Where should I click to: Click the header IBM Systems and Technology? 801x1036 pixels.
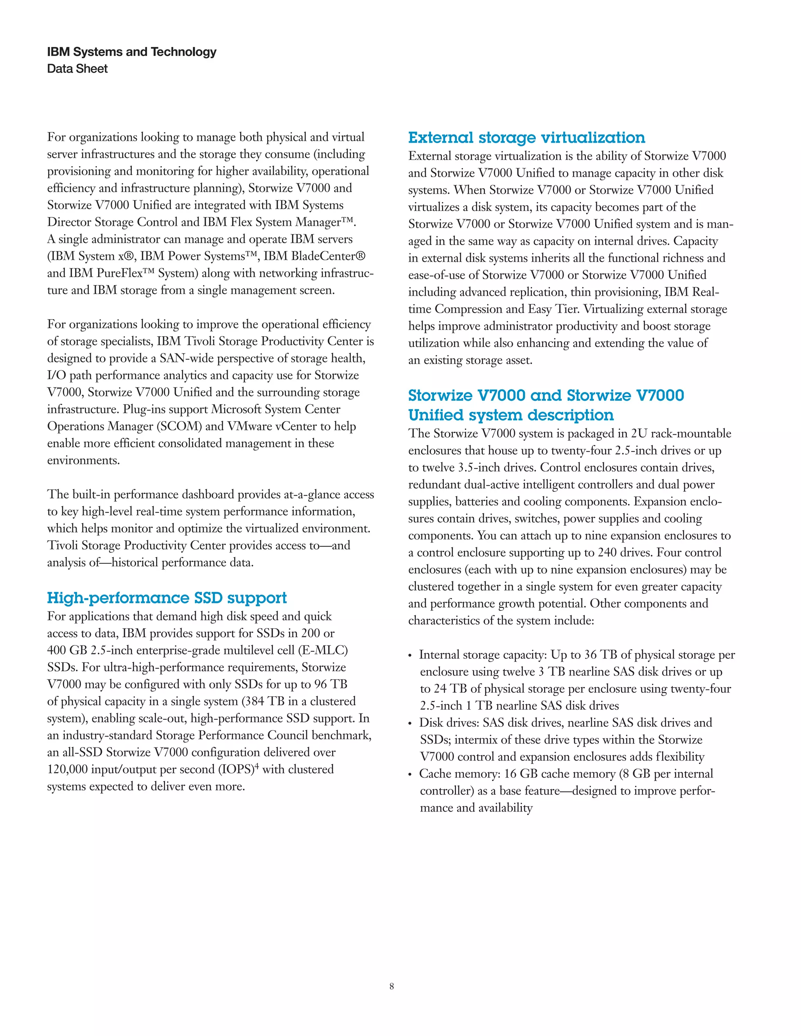click(131, 52)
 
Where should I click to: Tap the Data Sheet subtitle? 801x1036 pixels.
click(77, 69)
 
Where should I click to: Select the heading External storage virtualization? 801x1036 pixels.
click(526, 138)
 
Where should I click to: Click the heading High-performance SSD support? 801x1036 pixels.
click(167, 598)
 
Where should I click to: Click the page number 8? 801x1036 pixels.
click(392, 986)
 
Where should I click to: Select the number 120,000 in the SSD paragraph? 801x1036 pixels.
click(67, 769)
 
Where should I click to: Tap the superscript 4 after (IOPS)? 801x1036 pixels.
click(257, 765)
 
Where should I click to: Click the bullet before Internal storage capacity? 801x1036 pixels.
click(410, 656)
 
